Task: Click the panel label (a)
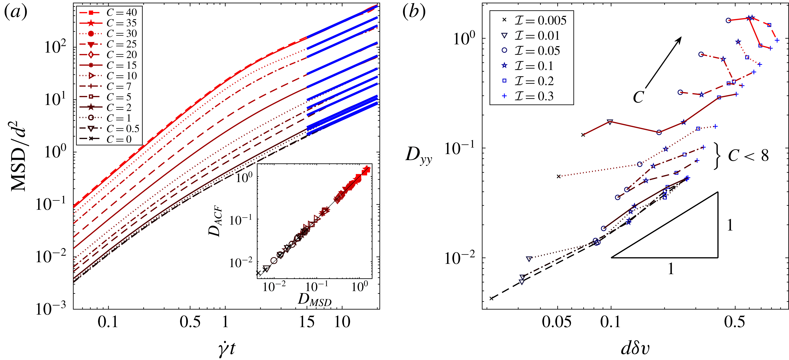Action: click(x=16, y=12)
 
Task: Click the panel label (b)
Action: click(x=414, y=12)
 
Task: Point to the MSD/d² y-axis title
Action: click(x=18, y=159)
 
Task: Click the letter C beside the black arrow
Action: click(x=638, y=97)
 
